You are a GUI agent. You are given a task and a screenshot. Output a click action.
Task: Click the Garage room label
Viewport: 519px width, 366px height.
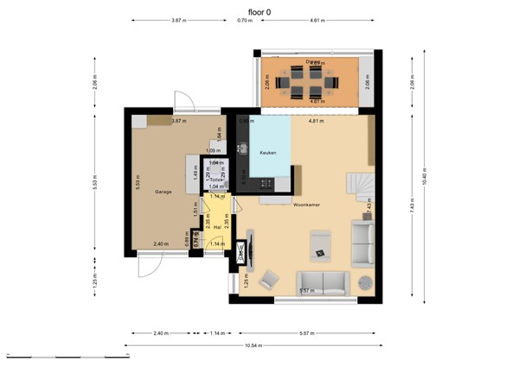click(163, 191)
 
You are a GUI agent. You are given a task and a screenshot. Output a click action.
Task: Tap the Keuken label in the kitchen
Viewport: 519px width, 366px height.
click(267, 151)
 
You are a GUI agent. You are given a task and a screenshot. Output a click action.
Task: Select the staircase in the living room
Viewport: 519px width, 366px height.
click(356, 184)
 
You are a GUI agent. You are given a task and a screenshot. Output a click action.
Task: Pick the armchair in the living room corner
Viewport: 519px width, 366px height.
click(270, 279)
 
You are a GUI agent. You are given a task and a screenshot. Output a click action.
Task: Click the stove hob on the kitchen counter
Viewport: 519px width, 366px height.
click(264, 183)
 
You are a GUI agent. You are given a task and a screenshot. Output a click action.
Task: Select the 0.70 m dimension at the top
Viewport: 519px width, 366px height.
click(245, 19)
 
